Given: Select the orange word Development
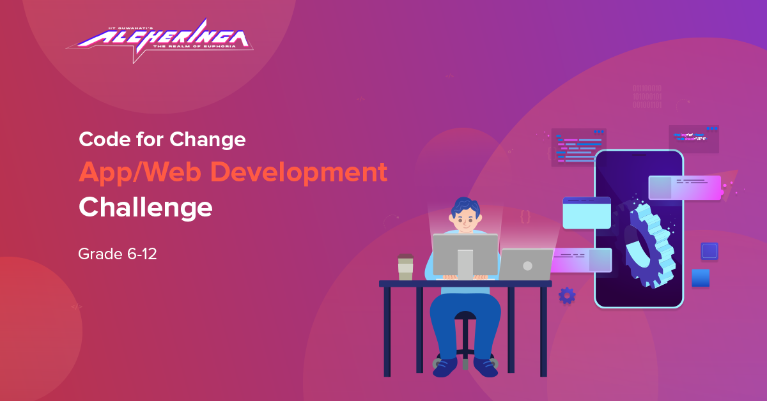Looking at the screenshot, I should (x=300, y=172).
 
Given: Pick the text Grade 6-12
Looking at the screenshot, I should (x=118, y=254).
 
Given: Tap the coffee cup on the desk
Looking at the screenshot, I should (x=405, y=268).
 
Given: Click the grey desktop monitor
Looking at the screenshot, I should (x=465, y=254).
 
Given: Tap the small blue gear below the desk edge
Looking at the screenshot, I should (x=567, y=295).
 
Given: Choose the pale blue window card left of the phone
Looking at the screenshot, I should (x=587, y=213).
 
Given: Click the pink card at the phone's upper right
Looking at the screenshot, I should (x=685, y=188).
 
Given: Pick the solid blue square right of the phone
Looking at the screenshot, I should (x=701, y=278).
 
